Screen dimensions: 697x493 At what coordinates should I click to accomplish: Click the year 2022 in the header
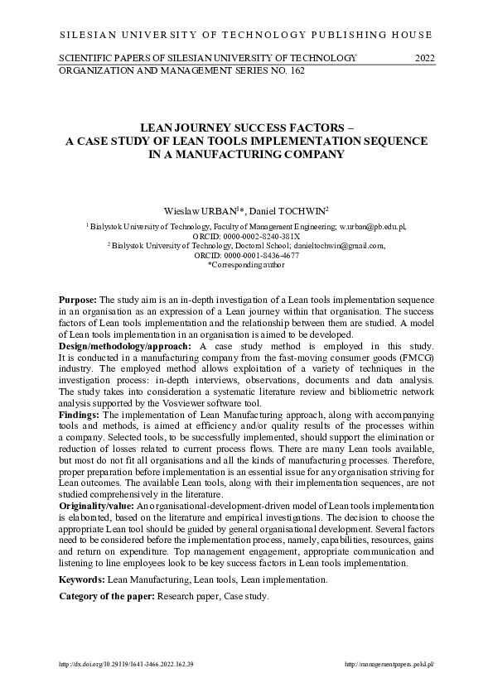(x=424, y=58)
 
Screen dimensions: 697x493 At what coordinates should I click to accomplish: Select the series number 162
(x=294, y=71)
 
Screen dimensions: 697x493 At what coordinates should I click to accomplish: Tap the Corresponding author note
(x=247, y=265)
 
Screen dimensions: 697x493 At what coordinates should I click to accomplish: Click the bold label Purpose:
(x=78, y=298)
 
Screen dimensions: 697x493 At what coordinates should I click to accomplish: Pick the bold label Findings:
(x=80, y=413)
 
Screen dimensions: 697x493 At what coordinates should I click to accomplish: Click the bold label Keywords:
(x=82, y=579)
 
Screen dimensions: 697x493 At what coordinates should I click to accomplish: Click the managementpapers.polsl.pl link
(x=389, y=665)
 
